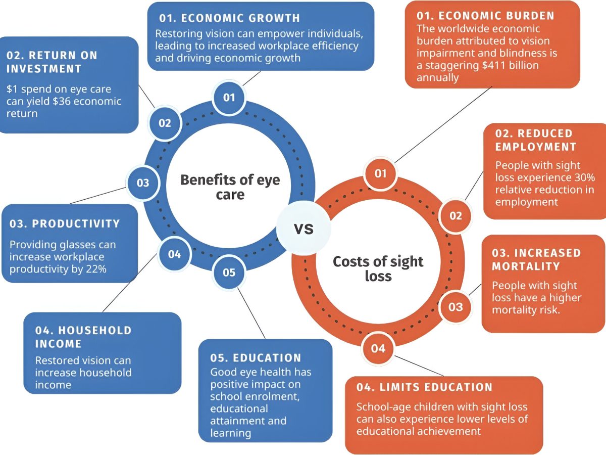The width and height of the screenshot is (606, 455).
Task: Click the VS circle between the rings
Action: coord(304,228)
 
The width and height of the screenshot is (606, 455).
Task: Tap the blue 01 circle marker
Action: coord(229,97)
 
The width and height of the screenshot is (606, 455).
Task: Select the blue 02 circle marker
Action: coord(165,123)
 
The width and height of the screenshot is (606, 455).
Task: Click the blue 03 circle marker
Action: coord(143,183)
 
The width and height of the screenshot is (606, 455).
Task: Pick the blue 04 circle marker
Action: coord(174,254)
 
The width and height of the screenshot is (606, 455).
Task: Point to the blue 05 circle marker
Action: coord(229,272)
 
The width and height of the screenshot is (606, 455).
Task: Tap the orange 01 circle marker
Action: coord(380,173)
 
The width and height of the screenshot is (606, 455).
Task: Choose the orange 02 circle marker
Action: coord(456,216)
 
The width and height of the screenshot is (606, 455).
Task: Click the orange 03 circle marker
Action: coord(456,307)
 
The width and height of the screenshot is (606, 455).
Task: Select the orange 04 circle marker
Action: coord(378,348)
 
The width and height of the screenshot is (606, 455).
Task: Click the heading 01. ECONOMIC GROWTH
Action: coord(229,18)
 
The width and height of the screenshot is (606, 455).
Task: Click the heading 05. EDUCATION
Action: coord(256,358)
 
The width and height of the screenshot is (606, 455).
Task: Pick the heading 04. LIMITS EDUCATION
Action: coord(424,387)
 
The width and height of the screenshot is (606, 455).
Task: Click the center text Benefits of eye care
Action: coord(230,187)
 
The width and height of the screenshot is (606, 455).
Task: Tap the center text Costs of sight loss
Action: coord(378,268)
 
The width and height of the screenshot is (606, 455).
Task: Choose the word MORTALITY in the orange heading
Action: coord(526,266)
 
